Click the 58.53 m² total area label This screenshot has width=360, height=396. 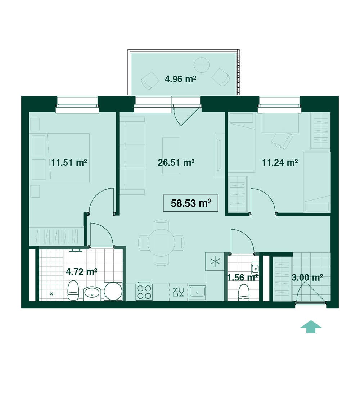(x=191, y=203)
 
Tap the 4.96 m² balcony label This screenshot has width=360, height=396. (x=180, y=79)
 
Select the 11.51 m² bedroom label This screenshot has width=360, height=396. (x=69, y=162)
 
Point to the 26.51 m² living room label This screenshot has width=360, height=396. (x=176, y=162)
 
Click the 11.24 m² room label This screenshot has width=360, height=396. (x=279, y=162)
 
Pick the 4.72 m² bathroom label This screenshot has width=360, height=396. (x=82, y=272)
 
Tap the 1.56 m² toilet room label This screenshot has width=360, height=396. (x=243, y=278)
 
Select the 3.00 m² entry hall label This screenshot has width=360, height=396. (x=307, y=278)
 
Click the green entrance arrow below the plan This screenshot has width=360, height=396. (x=311, y=327)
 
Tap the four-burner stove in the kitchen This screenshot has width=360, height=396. (x=144, y=292)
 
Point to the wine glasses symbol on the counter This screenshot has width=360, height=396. (x=178, y=292)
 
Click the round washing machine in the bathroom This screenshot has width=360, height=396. (x=113, y=292)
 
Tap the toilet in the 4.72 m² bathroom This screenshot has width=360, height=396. (x=73, y=291)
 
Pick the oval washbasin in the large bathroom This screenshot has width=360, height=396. (x=92, y=293)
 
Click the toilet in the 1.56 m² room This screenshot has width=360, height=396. (x=243, y=292)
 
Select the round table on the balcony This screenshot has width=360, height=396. (x=202, y=65)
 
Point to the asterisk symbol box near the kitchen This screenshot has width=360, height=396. (x=215, y=261)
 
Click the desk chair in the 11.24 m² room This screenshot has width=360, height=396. (x=283, y=141)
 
